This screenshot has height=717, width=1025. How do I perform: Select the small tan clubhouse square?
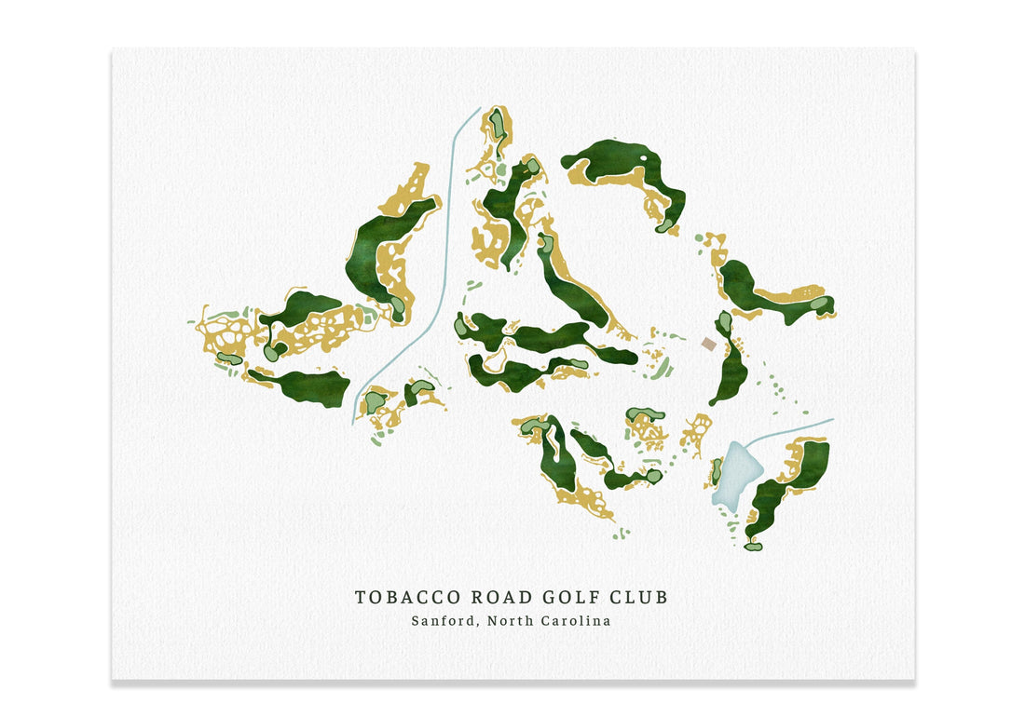(709, 345)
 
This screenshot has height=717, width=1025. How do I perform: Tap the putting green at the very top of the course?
(499, 121)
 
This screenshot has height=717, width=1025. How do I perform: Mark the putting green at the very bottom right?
(753, 546)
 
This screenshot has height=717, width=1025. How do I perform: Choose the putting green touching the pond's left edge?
(717, 471)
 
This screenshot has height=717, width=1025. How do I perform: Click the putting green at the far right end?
(819, 304)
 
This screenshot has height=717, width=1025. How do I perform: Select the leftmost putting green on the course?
(228, 358)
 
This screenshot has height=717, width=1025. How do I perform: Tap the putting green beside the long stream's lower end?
(375, 401)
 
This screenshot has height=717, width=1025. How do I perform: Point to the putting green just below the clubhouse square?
(724, 323)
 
